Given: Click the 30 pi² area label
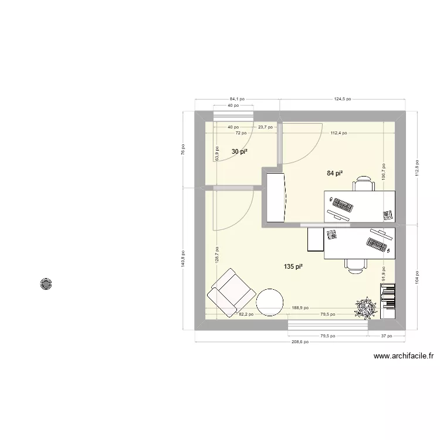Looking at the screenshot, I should pos(239,152).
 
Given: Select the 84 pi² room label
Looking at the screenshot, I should pos(334,173).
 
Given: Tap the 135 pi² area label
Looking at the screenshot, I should pos(293,267).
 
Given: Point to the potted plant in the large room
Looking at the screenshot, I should pos(365,307).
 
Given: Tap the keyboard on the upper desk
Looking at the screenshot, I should pos(341,205).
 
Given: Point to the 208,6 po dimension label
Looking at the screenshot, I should pos(300,342).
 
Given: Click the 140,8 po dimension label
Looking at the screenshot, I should pos(183,265).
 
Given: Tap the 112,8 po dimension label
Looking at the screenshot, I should pos(417,167).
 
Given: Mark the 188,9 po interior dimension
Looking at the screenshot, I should pos(300,307).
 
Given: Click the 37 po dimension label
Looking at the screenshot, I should pos(385,336).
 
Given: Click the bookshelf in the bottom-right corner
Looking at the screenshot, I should pos(387,301).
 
